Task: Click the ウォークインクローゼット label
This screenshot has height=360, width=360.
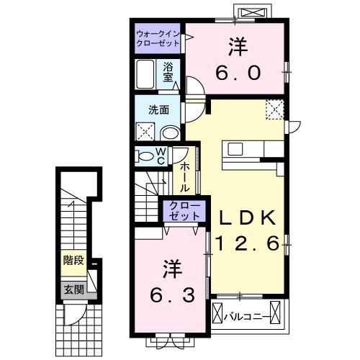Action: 158,37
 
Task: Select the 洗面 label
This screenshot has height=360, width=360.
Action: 158,110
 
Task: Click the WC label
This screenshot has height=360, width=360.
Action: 161,156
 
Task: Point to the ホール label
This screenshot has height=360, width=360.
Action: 185,176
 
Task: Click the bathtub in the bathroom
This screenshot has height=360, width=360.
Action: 145,74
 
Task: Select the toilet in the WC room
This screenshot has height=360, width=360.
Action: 144,156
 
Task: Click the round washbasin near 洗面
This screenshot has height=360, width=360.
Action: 170,132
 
